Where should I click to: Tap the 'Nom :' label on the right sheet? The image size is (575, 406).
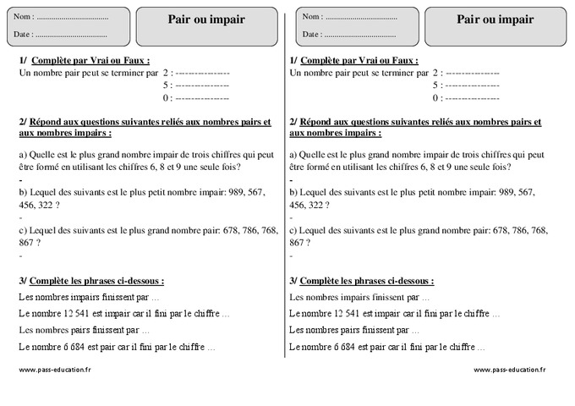pyautogui.click(x=311, y=17)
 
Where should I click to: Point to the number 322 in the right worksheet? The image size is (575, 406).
pyautogui.click(x=315, y=205)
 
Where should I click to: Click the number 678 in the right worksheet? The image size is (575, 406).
pyautogui.click(x=500, y=229)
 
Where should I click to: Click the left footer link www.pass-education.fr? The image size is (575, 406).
pyautogui.click(x=54, y=370)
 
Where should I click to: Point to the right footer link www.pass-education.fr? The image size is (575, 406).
pyautogui.click(x=509, y=370)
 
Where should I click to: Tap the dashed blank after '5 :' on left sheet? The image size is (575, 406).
pyautogui.click(x=202, y=85)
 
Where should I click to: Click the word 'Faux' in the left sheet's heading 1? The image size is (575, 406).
pyautogui.click(x=135, y=61)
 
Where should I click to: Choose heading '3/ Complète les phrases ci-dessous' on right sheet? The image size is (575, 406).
pyautogui.click(x=361, y=281)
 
